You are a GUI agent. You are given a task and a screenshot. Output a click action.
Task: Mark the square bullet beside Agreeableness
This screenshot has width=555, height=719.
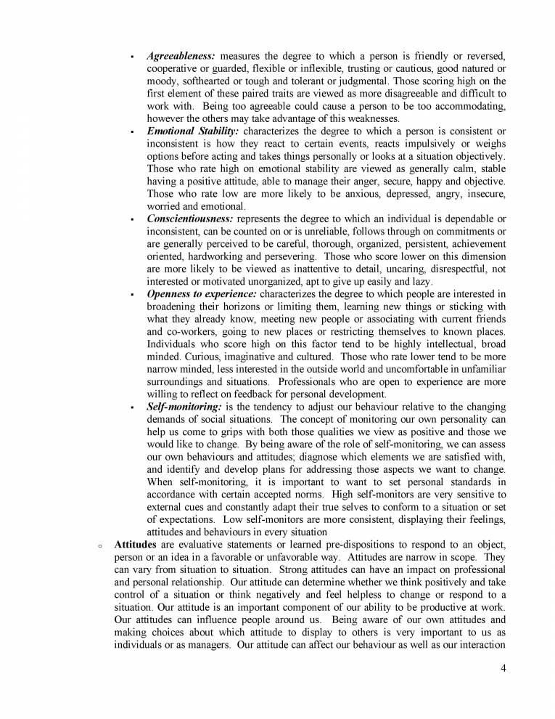131,56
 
